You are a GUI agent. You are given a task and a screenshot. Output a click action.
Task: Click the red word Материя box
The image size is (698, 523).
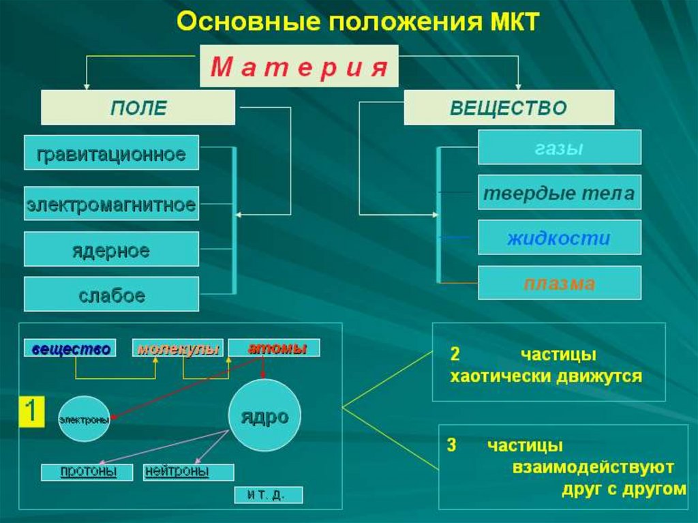coord(299,66)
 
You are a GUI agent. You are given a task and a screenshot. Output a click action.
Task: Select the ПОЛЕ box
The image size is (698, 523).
coord(138,108)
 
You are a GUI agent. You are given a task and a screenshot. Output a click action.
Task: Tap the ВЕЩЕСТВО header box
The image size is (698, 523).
coord(509,108)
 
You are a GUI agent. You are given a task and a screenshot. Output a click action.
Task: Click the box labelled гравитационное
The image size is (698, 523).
coord(111,153)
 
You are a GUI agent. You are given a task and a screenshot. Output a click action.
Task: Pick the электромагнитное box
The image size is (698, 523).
coord(111,204)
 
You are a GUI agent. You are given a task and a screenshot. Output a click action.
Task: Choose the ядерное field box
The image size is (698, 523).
coord(111,249)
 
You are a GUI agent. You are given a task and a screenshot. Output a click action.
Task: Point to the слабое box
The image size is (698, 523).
coord(111,295)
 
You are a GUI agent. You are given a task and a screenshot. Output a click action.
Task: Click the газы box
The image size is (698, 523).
coord(559,147)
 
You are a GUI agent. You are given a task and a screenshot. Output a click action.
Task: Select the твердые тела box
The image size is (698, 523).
coord(559,193)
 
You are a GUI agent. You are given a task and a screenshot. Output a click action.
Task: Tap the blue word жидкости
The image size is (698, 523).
coord(559,238)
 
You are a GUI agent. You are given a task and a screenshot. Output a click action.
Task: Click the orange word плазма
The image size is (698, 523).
coord(559,283)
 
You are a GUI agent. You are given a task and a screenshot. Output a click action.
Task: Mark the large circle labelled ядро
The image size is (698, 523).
coord(264,416)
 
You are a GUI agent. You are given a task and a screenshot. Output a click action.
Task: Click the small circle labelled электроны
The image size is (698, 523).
coord(84,420)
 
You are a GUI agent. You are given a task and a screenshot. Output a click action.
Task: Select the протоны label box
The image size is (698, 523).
coord(88,472)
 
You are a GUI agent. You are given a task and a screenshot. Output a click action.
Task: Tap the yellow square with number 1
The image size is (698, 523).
coord(31,411)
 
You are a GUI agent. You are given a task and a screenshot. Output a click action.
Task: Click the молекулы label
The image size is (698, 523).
coord(178,348)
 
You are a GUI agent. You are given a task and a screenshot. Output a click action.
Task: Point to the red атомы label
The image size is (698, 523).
coord(275,348)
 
